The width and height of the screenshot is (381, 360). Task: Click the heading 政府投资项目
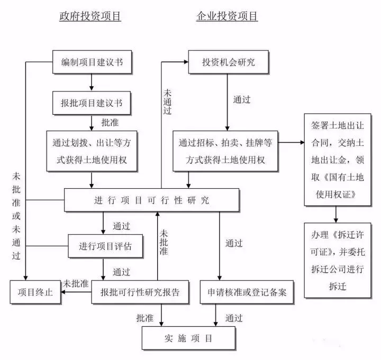coord(90,16)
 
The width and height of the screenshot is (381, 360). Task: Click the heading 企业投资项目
coord(227,16)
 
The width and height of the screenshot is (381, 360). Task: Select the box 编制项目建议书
coord(92,62)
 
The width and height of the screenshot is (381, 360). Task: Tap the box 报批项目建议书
coord(92,103)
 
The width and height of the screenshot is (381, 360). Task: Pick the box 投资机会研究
coord(228,62)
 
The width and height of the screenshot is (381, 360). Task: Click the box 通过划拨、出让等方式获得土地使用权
coord(92,151)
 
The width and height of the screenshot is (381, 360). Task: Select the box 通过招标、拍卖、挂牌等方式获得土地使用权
coord(225,151)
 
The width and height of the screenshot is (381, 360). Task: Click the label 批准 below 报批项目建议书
coord(110,123)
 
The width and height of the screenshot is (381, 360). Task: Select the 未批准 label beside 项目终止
coord(75,284)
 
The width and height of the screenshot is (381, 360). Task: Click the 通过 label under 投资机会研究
coord(242,99)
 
